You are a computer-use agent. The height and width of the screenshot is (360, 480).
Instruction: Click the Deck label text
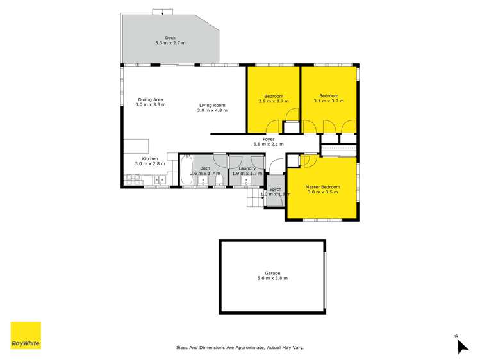pyautogui.click(x=170, y=38)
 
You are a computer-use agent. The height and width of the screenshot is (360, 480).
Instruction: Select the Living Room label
pyautogui.click(x=212, y=105)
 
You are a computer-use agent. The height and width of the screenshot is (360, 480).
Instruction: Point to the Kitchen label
pyautogui.click(x=150, y=158)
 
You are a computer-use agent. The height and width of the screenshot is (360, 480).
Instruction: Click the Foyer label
pyautogui.click(x=269, y=139)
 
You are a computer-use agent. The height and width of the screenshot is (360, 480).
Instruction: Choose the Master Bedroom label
pyautogui.click(x=322, y=186)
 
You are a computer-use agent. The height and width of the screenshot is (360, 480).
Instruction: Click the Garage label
pyautogui.click(x=272, y=273)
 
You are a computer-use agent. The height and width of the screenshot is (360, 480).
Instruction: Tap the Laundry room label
pyautogui.click(x=247, y=168)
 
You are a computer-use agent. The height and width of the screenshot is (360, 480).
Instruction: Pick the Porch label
pyautogui.click(x=276, y=190)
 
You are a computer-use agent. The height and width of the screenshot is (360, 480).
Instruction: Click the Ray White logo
pyautogui.click(x=26, y=335)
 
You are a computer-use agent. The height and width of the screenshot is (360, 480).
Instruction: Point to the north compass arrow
pyautogui.click(x=461, y=346)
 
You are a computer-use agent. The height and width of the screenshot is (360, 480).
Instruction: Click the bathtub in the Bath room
pyautogui.click(x=186, y=171)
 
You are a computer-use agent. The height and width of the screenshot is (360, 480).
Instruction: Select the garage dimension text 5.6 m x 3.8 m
pyautogui.click(x=272, y=278)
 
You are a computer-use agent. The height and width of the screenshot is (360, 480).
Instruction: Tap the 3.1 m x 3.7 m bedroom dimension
pyautogui.click(x=329, y=101)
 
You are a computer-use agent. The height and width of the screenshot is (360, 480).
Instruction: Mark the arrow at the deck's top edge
pyautogui.click(x=163, y=11)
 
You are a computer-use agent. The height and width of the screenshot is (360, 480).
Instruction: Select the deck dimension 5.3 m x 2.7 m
pyautogui.click(x=170, y=43)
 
